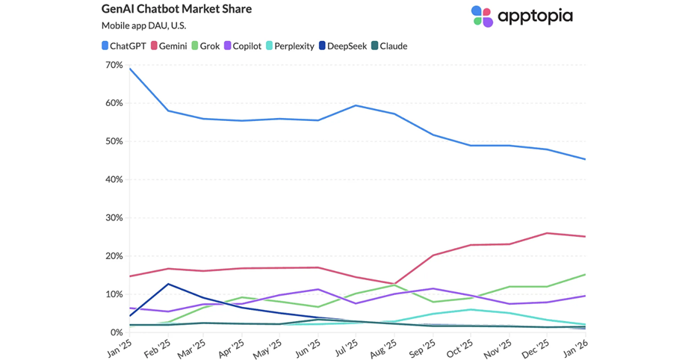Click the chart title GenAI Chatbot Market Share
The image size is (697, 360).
click(176, 10)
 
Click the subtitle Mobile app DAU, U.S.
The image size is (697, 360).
click(143, 26)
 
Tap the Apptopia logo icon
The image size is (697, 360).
click(482, 16)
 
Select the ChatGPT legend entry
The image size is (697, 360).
click(123, 46)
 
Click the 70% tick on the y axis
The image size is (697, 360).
click(114, 65)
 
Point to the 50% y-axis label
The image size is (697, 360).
click(114, 141)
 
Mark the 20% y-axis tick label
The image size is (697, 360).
click(114, 255)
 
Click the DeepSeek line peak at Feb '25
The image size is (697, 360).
click(168, 284)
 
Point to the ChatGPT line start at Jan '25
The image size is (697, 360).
click(130, 69)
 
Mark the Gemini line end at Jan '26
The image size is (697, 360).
click(585, 237)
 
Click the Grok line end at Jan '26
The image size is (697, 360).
click(585, 274)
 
